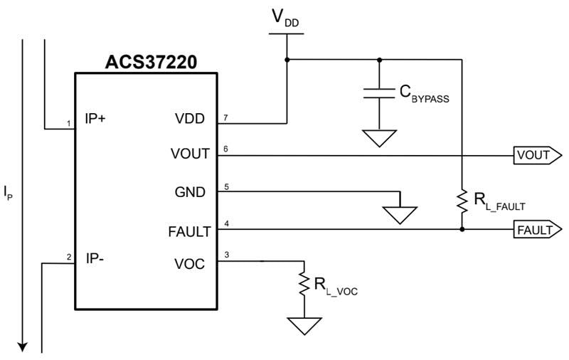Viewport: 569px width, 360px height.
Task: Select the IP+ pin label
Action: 95,118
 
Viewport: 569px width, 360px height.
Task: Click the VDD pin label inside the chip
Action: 191,119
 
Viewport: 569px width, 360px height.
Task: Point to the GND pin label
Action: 190,192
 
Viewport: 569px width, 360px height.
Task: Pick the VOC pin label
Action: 189,264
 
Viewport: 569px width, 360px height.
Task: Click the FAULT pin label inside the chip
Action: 189,231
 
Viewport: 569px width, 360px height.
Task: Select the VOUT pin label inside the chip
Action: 190,154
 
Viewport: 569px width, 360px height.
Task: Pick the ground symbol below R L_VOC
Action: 304,326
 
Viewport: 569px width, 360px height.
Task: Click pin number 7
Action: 225,116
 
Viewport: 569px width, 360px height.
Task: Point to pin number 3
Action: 225,255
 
